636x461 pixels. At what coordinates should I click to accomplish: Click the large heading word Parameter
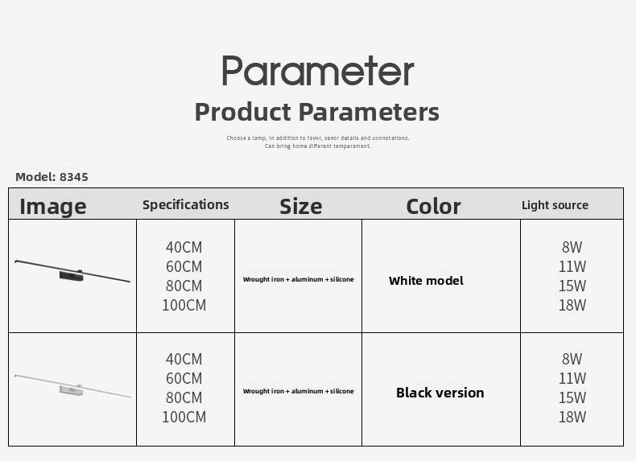(x=318, y=71)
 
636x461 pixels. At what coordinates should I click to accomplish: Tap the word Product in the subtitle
(x=242, y=112)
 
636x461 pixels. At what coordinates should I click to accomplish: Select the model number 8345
(x=74, y=177)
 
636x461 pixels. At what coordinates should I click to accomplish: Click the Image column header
(x=53, y=207)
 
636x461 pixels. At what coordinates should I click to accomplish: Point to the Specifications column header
(x=186, y=205)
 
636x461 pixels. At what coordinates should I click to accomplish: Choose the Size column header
(x=301, y=207)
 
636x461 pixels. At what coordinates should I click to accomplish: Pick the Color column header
(x=433, y=207)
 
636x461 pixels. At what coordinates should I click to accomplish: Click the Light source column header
(x=555, y=205)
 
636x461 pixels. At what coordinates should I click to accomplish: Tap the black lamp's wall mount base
(x=72, y=276)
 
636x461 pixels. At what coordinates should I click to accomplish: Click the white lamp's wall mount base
(x=72, y=390)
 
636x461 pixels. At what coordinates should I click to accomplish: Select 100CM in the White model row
(x=184, y=305)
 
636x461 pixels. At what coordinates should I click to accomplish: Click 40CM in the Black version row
(x=184, y=359)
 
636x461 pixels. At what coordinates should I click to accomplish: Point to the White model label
(x=426, y=281)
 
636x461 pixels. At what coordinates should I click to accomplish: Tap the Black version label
(x=440, y=393)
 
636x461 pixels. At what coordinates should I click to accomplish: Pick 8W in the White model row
(x=572, y=247)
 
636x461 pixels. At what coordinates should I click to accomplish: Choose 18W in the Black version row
(x=572, y=417)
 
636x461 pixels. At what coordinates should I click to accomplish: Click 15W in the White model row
(x=572, y=286)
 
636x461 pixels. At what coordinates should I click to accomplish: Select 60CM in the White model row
(x=184, y=266)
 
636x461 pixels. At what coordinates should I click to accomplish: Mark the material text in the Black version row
(x=299, y=391)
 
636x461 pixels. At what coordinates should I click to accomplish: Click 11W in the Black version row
(x=572, y=378)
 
